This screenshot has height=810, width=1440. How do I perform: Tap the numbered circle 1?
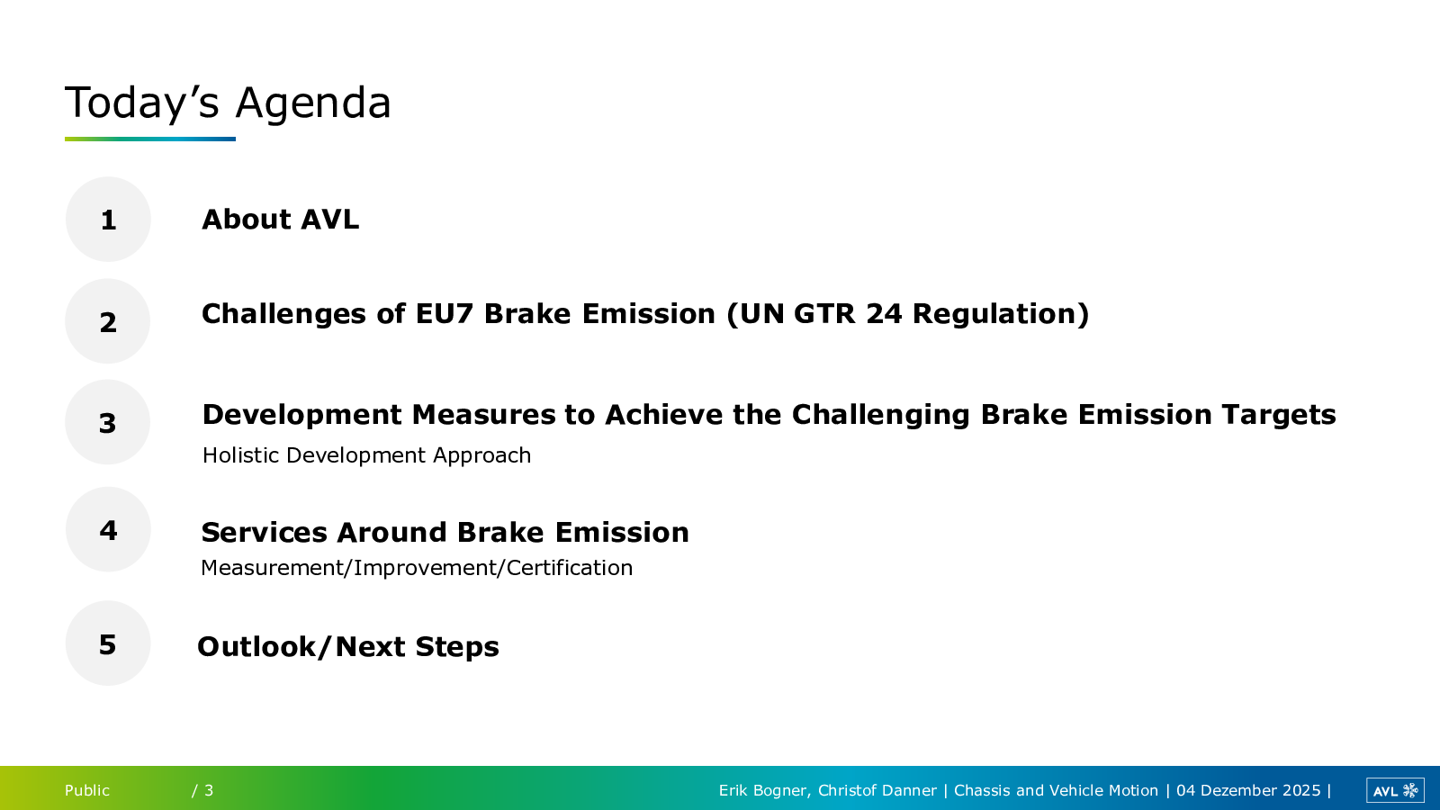tap(108, 220)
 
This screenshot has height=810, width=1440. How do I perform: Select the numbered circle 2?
tap(108, 320)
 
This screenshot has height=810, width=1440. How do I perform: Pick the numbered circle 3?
tap(108, 422)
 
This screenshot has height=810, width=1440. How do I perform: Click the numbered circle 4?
tap(108, 529)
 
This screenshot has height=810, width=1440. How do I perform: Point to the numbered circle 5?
tap(108, 643)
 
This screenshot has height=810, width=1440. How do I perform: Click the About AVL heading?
tap(280, 220)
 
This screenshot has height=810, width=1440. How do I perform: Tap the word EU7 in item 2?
tap(445, 314)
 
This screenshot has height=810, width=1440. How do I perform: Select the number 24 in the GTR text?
tap(884, 314)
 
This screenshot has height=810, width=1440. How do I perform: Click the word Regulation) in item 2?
tap(1001, 315)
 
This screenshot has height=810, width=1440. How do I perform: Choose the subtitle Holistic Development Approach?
tap(366, 455)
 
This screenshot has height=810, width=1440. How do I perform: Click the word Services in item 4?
tap(265, 532)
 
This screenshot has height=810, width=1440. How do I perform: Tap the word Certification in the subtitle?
tap(570, 568)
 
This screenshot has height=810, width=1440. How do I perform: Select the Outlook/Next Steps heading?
tap(347, 647)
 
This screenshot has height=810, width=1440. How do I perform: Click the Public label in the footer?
tap(86, 790)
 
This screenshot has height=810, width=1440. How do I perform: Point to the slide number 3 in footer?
tap(209, 790)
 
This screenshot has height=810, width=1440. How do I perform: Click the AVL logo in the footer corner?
tap(1395, 790)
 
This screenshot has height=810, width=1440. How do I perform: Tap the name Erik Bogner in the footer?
tap(762, 791)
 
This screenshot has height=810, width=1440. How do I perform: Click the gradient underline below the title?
tap(149, 139)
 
